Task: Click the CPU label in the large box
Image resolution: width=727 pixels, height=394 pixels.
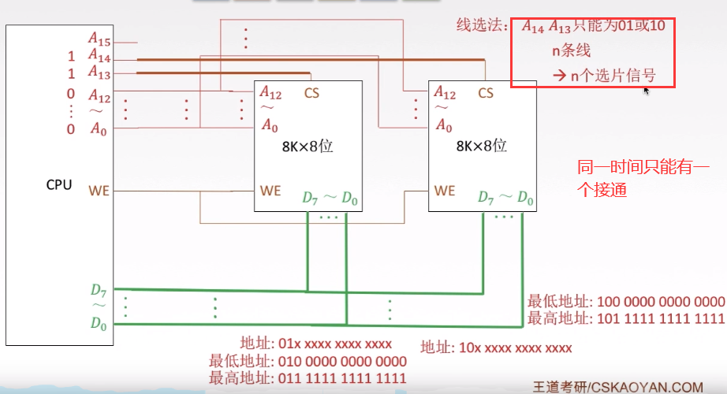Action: [59, 184]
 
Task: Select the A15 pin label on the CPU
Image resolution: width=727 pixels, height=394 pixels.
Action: [99, 39]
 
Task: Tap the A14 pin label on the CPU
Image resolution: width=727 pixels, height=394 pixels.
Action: [99, 56]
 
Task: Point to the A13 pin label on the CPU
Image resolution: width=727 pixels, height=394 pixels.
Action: [99, 72]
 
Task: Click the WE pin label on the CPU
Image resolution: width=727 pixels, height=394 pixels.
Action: [99, 191]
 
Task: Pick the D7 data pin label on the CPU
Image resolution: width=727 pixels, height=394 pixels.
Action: [99, 291]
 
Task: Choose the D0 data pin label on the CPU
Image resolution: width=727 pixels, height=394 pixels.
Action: [99, 323]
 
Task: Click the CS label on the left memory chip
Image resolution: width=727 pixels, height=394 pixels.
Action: [311, 93]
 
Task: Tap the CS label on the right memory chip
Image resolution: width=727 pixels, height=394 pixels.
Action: [486, 93]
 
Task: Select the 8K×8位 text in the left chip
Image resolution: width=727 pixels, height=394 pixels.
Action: [308, 146]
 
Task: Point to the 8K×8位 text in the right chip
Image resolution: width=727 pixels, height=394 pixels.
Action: [481, 146]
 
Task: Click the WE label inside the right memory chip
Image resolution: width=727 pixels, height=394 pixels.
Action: [445, 191]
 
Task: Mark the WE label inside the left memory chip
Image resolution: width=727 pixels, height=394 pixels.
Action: [270, 191]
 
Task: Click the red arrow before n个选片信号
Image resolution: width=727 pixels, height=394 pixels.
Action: [560, 75]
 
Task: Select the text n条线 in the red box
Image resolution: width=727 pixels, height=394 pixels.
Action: [571, 50]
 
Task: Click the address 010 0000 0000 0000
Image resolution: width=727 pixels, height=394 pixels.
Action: [342, 361]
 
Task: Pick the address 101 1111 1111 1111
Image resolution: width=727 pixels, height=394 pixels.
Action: [661, 318]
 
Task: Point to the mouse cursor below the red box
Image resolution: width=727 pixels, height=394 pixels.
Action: [647, 91]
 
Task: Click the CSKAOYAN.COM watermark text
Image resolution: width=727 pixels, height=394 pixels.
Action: [647, 387]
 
